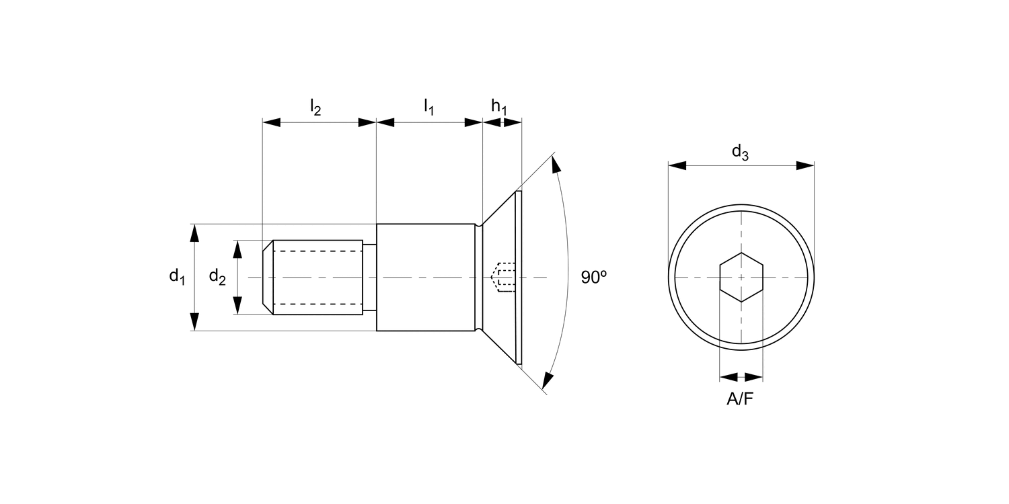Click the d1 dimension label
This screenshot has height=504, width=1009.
177,277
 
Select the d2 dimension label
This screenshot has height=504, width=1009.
217,277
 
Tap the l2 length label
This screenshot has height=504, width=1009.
315,106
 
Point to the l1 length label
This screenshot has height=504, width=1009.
428,106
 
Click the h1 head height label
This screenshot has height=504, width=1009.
498,106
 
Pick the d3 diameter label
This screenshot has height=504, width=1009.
740,153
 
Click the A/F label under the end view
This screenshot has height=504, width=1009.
741,399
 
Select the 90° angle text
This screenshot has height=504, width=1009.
594,277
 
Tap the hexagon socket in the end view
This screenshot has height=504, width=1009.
741,277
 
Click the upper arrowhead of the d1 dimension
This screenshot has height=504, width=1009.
194,233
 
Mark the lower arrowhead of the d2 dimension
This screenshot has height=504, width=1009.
237,306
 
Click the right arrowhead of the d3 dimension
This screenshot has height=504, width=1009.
805,165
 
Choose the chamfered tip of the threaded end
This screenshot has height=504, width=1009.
267,277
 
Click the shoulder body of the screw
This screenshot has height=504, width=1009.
427,277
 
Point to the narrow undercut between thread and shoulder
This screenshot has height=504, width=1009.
369,277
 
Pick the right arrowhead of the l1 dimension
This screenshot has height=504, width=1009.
474,122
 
